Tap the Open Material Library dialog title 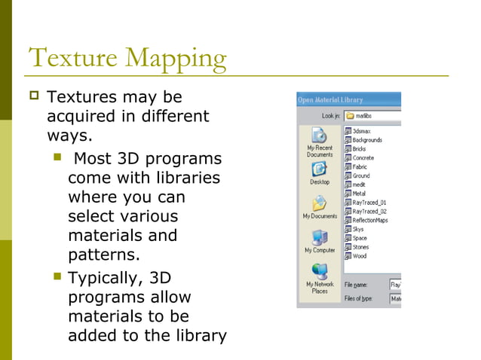tap(331, 99)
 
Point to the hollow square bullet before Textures tap(35, 97)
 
